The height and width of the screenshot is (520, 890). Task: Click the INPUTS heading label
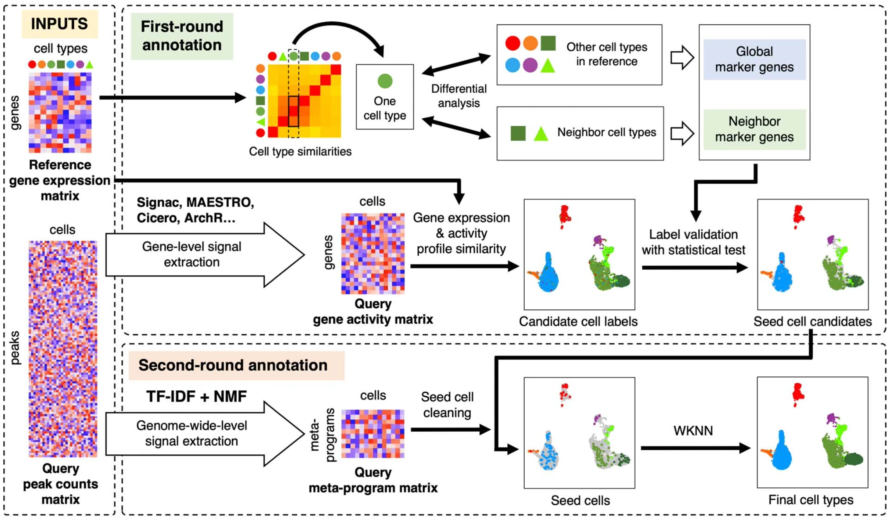[59, 24]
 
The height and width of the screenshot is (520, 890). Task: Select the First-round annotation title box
[182, 36]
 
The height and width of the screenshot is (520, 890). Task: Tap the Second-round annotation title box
[237, 365]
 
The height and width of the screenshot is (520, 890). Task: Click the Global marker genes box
[754, 59]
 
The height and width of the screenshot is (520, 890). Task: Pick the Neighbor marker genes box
[754, 129]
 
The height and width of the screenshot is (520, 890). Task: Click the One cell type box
[385, 97]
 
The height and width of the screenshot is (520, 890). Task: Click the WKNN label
[693, 431]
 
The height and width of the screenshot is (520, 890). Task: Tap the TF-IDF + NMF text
[196, 397]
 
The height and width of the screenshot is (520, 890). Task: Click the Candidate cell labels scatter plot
[579, 254]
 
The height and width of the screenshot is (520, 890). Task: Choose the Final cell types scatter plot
[812, 432]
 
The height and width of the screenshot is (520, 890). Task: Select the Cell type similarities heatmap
[304, 101]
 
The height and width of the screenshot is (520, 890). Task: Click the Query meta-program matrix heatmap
[373, 434]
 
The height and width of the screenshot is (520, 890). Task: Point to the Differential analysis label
[459, 96]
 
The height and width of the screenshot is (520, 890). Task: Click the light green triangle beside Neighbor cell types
[541, 134]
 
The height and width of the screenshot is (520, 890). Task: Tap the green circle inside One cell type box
[385, 81]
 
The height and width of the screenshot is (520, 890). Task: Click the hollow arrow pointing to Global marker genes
[682, 57]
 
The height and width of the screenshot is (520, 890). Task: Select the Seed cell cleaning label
[447, 405]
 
